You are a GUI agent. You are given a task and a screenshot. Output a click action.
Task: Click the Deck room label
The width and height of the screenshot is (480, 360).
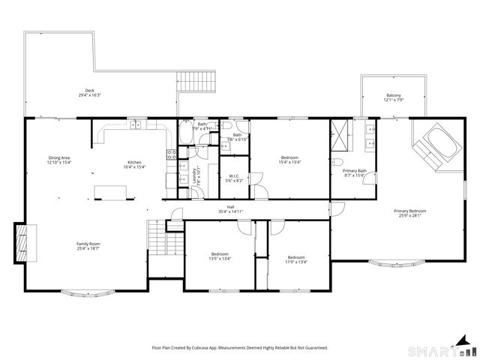pyautogui.click(x=90, y=91)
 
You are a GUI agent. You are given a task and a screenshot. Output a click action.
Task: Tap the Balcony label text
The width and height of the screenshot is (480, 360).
pyautogui.click(x=393, y=94)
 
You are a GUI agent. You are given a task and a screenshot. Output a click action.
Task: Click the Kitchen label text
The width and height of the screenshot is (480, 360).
pyautogui.click(x=134, y=163)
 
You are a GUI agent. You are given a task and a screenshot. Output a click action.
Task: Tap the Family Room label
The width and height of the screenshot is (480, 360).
pyautogui.click(x=88, y=244)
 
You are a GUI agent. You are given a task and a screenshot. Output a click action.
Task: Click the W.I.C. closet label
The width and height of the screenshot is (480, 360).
pyautogui.click(x=234, y=177)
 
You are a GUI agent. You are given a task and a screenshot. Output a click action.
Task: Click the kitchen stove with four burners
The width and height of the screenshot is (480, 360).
pyautogui.click(x=171, y=156)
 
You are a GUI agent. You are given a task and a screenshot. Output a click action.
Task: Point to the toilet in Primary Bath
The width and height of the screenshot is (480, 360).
pyautogui.click(x=337, y=163)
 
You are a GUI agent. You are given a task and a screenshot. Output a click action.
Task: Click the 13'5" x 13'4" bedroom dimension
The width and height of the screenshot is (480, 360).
pyautogui.click(x=220, y=261)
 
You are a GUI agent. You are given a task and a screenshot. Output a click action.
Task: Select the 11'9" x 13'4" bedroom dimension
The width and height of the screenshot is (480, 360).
pyautogui.click(x=296, y=261)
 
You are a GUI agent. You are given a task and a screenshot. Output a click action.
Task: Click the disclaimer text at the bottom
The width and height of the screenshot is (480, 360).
pyautogui.click(x=240, y=347)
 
